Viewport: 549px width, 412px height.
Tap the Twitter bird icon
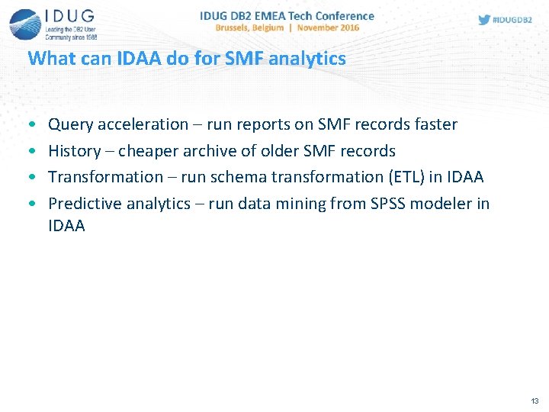click(x=484, y=20)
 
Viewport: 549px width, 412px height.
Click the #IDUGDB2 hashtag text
click(x=512, y=20)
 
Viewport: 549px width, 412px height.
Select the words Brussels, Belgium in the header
click(x=249, y=27)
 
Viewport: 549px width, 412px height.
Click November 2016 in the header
click(x=329, y=27)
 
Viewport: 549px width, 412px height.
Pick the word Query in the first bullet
click(x=69, y=124)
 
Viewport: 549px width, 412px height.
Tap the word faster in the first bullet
click(x=433, y=124)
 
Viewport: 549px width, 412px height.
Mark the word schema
click(x=234, y=177)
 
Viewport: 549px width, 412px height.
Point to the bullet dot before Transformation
click(x=30, y=178)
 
